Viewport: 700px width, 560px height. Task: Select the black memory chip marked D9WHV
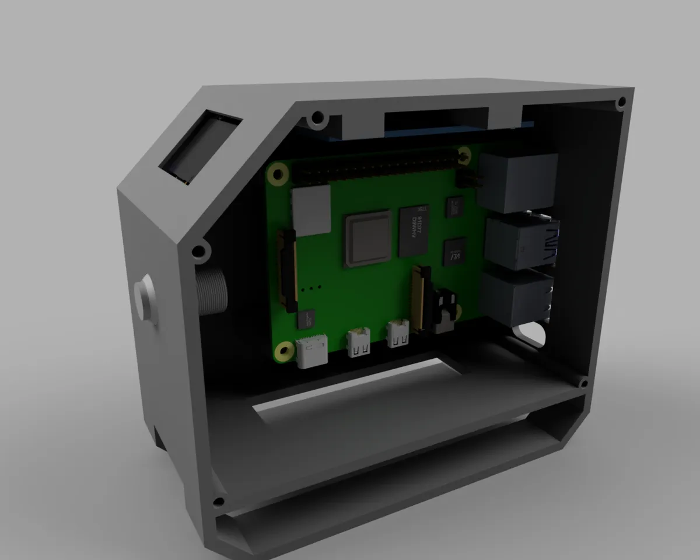(x=415, y=231)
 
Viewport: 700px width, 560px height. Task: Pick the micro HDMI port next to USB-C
(x=358, y=342)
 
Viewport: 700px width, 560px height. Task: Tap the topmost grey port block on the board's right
(x=516, y=182)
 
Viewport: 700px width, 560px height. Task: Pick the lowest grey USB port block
(x=516, y=296)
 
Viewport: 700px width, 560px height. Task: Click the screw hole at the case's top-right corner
(x=621, y=104)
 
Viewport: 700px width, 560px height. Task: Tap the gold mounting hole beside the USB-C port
(x=285, y=351)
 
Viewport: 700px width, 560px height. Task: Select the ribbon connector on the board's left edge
(x=289, y=268)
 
